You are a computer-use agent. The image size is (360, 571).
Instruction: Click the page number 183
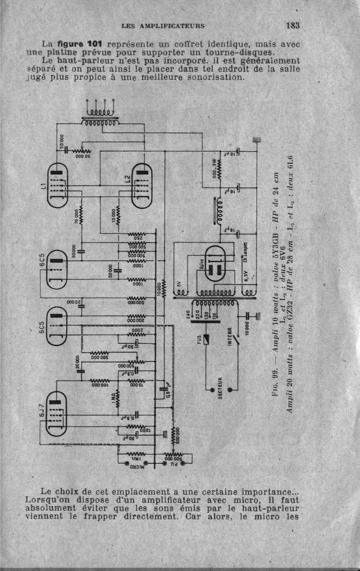click(x=293, y=25)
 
